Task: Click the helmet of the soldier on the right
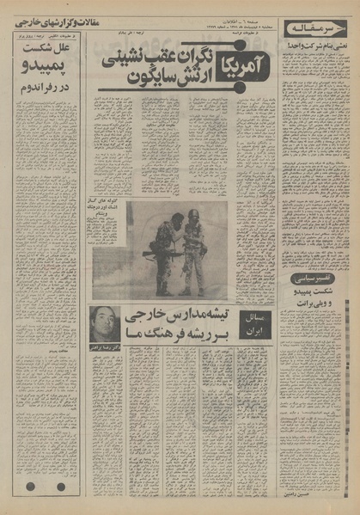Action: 194,214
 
